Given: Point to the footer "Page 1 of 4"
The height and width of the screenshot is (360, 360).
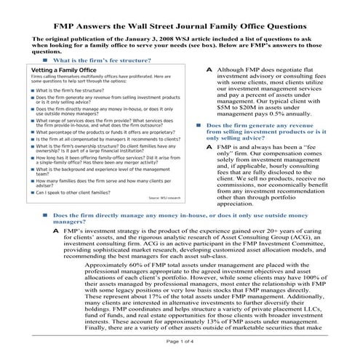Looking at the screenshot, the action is pos(180,340).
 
